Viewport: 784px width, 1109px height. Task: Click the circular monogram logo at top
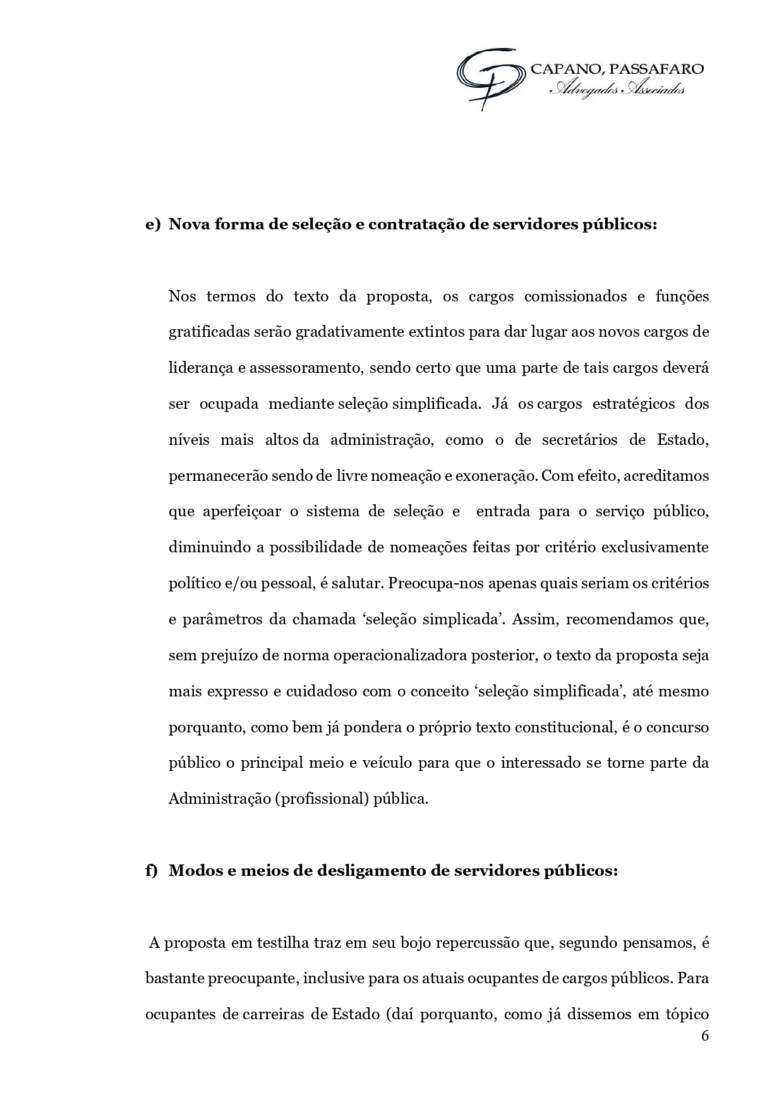click(490, 78)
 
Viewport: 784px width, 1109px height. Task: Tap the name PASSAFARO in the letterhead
click(658, 69)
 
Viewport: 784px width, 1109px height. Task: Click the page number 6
click(705, 1036)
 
